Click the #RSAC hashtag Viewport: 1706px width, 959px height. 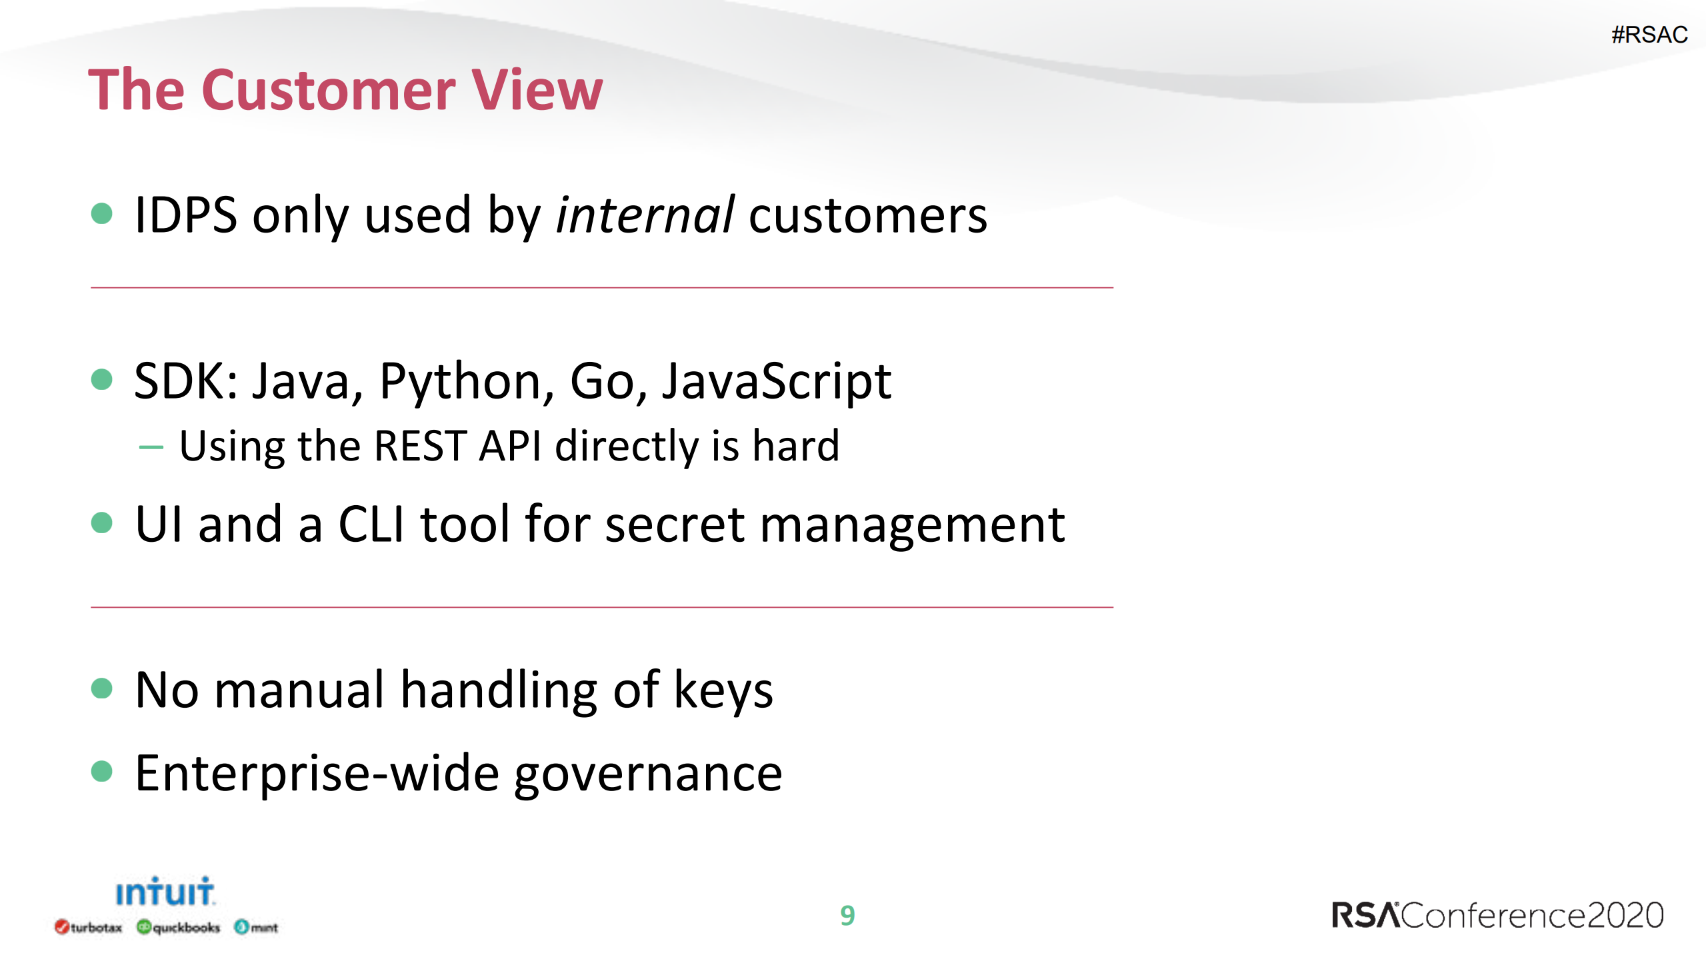pos(1649,35)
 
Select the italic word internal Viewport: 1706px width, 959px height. pos(645,216)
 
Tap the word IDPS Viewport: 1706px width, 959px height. pos(185,216)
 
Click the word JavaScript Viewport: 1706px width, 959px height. pos(776,382)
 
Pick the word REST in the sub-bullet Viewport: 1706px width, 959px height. pos(419,446)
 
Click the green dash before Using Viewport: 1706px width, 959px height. pos(151,447)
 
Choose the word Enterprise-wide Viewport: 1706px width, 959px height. pos(317,774)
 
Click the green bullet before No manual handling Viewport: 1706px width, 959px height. pos(101,688)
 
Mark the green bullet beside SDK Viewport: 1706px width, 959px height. pos(101,380)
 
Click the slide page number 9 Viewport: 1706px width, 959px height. pos(847,916)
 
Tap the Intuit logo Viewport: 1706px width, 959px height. pos(165,892)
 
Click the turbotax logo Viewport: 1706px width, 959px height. pos(89,927)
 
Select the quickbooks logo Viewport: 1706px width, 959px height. pos(178,927)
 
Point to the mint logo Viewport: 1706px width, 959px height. pos(256,927)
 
